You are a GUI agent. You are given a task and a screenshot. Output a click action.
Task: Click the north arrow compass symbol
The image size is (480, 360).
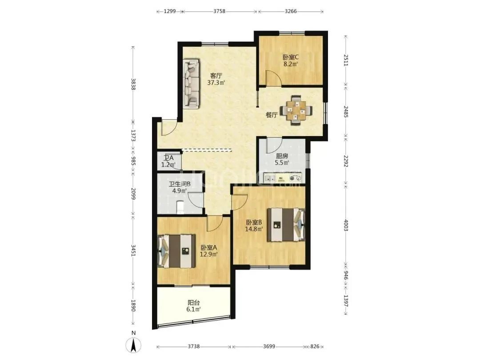(133, 346)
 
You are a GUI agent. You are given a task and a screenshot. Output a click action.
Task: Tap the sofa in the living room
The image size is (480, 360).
(191, 84)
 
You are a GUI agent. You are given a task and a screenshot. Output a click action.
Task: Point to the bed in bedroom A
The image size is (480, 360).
(176, 251)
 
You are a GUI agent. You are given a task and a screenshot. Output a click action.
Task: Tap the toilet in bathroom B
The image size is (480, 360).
(180, 207)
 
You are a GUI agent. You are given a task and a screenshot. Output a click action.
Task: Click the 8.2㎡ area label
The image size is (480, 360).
(291, 64)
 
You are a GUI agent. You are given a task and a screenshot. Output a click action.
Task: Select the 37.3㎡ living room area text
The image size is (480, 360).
(216, 83)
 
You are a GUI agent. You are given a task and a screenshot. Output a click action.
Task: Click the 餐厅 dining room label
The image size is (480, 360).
(272, 115)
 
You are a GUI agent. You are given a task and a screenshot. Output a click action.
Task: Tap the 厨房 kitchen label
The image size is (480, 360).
(282, 156)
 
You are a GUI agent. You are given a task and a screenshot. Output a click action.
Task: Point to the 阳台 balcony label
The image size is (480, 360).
(193, 303)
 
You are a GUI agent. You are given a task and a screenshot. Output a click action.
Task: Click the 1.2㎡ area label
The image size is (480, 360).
(168, 165)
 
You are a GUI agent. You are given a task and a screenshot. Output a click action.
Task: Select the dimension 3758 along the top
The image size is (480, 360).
(219, 11)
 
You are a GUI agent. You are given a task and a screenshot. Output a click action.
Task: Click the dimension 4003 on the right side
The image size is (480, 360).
(346, 225)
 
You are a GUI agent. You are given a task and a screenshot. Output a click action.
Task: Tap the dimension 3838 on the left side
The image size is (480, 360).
(133, 84)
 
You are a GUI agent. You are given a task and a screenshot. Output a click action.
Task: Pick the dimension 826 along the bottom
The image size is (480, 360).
(315, 347)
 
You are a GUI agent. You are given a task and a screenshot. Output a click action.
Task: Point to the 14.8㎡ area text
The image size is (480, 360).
(254, 229)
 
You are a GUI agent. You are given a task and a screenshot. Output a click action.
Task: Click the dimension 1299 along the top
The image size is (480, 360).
(170, 11)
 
